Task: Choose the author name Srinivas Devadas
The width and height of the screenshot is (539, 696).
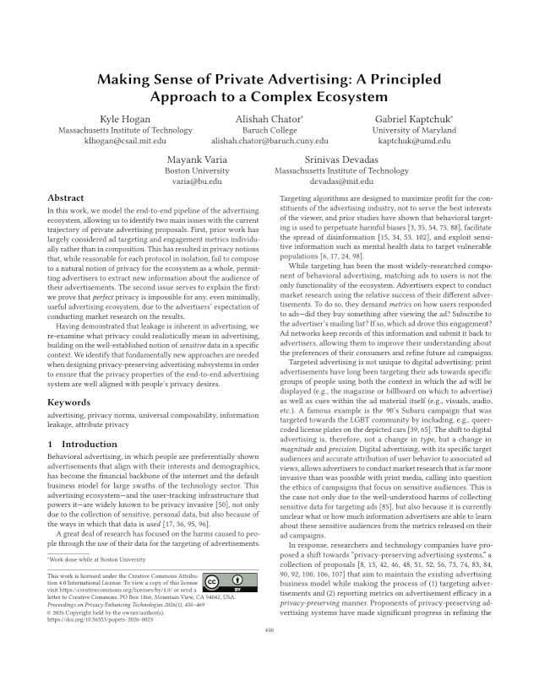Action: pyautogui.click(x=341, y=159)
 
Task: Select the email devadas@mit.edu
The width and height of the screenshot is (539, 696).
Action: pyautogui.click(x=341, y=181)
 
